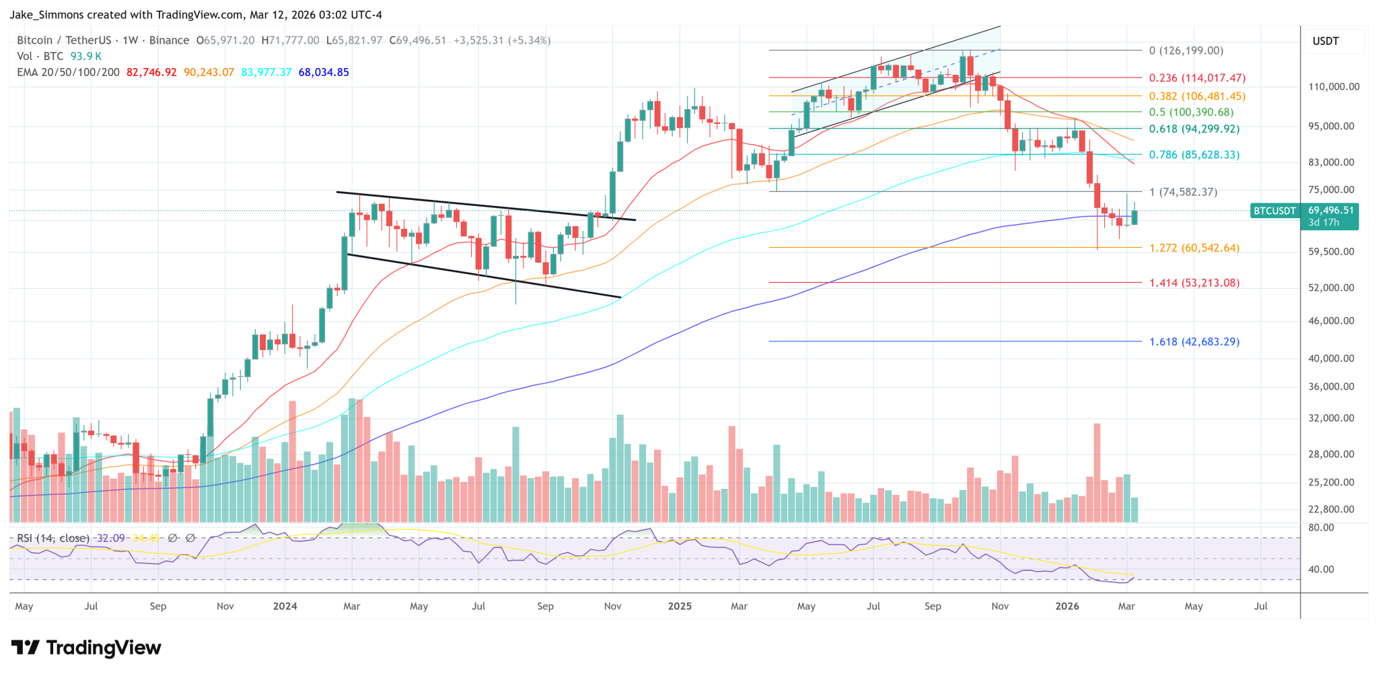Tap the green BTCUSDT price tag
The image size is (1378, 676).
point(1273,211)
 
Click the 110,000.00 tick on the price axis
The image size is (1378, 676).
point(1334,87)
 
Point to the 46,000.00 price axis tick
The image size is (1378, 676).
point(1331,321)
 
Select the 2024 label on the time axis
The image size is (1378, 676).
point(285,606)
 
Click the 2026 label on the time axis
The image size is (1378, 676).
point(1067,606)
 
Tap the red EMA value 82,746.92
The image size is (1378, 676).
point(151,72)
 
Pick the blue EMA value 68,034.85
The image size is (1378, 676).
point(324,72)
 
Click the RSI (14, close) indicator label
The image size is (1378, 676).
point(53,538)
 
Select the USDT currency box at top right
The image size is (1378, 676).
point(1326,41)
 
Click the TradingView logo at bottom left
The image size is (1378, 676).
point(86,648)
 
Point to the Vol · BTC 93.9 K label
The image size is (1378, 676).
point(59,57)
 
